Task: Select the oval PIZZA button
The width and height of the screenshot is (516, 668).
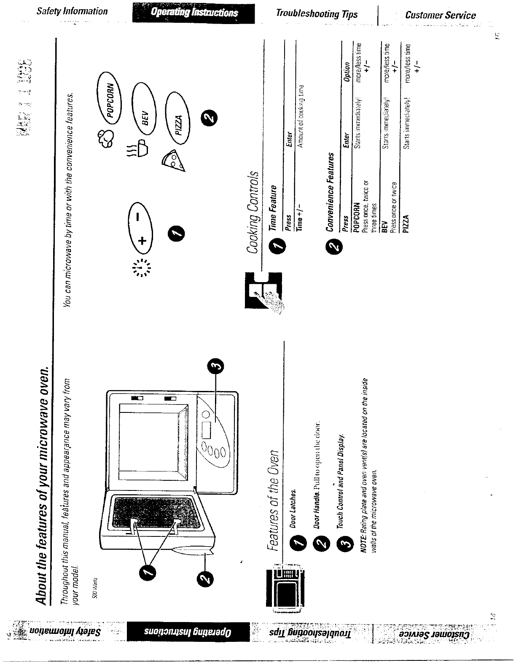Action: [178, 121]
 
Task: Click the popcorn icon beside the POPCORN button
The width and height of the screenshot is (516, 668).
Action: [105, 139]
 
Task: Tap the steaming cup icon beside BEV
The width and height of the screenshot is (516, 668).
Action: [138, 148]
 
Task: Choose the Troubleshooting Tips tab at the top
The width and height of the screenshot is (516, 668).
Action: [317, 14]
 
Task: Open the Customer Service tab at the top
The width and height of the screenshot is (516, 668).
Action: [440, 15]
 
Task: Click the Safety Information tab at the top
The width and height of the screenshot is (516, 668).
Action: [72, 11]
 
